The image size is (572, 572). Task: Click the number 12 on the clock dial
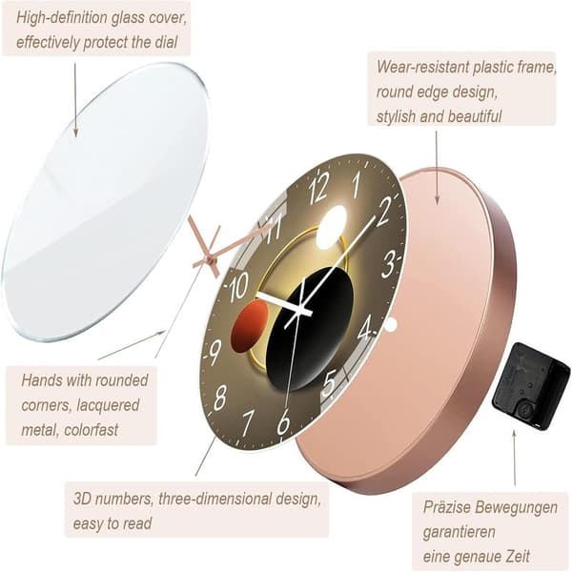(x=318, y=189)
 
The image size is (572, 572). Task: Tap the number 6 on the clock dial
(x=283, y=421)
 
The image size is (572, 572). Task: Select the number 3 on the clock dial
(x=389, y=263)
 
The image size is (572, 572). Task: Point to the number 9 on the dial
(x=215, y=352)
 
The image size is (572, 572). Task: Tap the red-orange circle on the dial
(x=250, y=327)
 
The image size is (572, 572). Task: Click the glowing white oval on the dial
(x=331, y=227)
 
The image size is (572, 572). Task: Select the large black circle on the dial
(x=309, y=329)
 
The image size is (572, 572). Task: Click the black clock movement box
(x=531, y=387)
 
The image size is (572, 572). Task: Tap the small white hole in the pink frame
(x=390, y=325)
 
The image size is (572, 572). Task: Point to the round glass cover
(x=106, y=202)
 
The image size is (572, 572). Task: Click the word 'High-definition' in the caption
(x=62, y=18)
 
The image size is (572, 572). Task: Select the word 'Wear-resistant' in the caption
(x=423, y=67)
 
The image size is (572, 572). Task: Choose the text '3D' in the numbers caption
(x=81, y=499)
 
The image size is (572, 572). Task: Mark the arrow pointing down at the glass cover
(x=75, y=100)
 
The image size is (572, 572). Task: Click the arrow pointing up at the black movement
(x=515, y=459)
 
